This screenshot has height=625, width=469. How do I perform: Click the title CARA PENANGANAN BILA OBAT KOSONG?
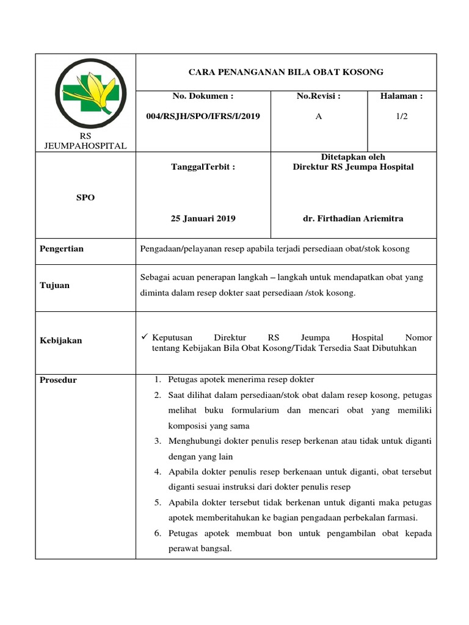click(286, 72)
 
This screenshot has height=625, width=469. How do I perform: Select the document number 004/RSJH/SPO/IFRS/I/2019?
click(203, 117)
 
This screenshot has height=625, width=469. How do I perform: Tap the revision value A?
click(318, 117)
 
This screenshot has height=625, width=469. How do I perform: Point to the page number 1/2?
click(401, 117)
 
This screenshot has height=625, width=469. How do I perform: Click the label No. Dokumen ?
click(203, 96)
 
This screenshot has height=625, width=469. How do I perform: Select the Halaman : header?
click(401, 96)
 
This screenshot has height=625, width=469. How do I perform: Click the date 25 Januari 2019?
click(203, 219)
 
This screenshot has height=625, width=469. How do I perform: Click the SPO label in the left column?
click(85, 198)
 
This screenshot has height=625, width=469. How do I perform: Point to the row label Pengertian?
click(62, 248)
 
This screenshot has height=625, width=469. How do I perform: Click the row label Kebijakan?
click(61, 340)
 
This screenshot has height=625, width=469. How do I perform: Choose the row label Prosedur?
click(59, 380)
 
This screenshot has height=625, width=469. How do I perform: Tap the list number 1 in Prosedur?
click(157, 380)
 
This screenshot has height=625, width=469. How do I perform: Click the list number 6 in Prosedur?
click(157, 533)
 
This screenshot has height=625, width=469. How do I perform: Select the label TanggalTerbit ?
click(203, 167)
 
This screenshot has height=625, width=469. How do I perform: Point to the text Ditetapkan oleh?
click(353, 157)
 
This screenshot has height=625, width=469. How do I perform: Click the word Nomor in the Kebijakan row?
click(418, 337)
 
